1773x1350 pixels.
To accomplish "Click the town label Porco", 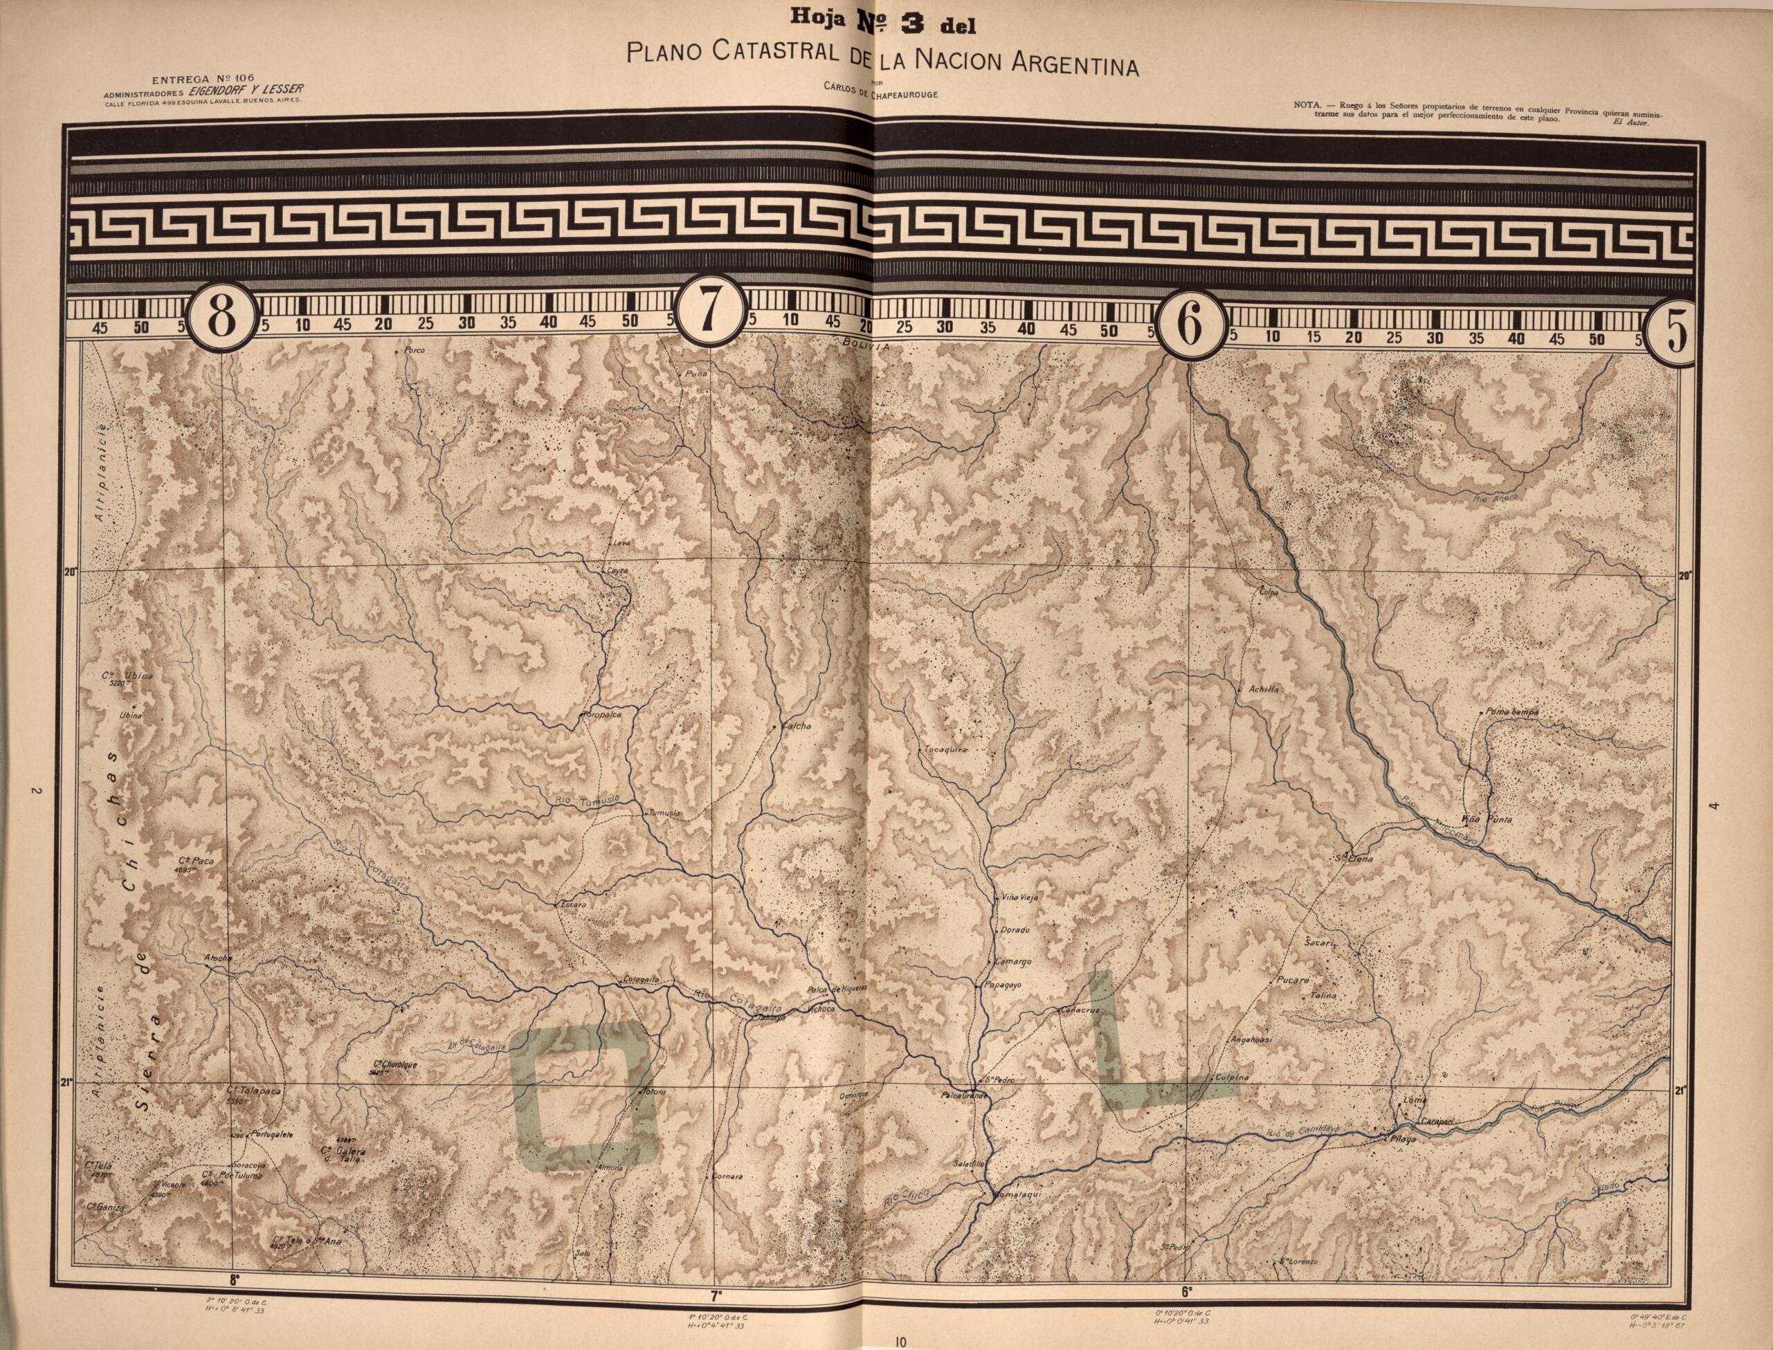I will [x=414, y=351].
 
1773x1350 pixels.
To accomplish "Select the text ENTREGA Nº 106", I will [x=201, y=79].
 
